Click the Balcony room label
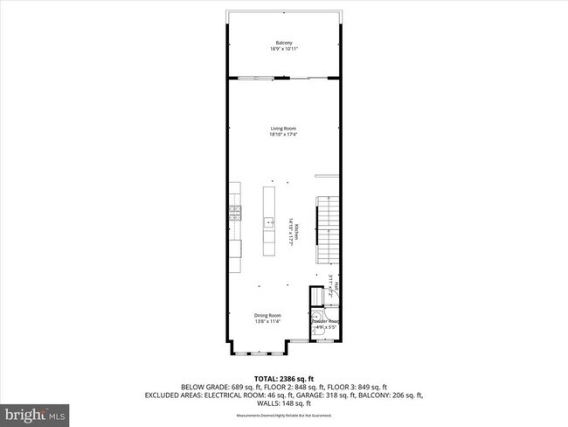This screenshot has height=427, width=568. click(283, 43)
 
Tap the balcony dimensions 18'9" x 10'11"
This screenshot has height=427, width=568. click(283, 49)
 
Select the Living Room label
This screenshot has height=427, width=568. click(283, 129)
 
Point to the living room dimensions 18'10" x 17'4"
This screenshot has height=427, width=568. click(283, 135)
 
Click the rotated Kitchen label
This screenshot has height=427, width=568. click(296, 231)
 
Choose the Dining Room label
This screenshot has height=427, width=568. click(267, 315)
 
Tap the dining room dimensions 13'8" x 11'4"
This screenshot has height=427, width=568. click(267, 321)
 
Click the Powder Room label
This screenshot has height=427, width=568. click(327, 320)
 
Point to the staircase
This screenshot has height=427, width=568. click(326, 229)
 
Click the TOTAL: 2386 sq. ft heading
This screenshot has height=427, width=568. click(283, 379)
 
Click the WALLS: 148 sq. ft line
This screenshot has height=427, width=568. click(283, 402)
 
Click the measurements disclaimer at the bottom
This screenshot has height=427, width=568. click(283, 415)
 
